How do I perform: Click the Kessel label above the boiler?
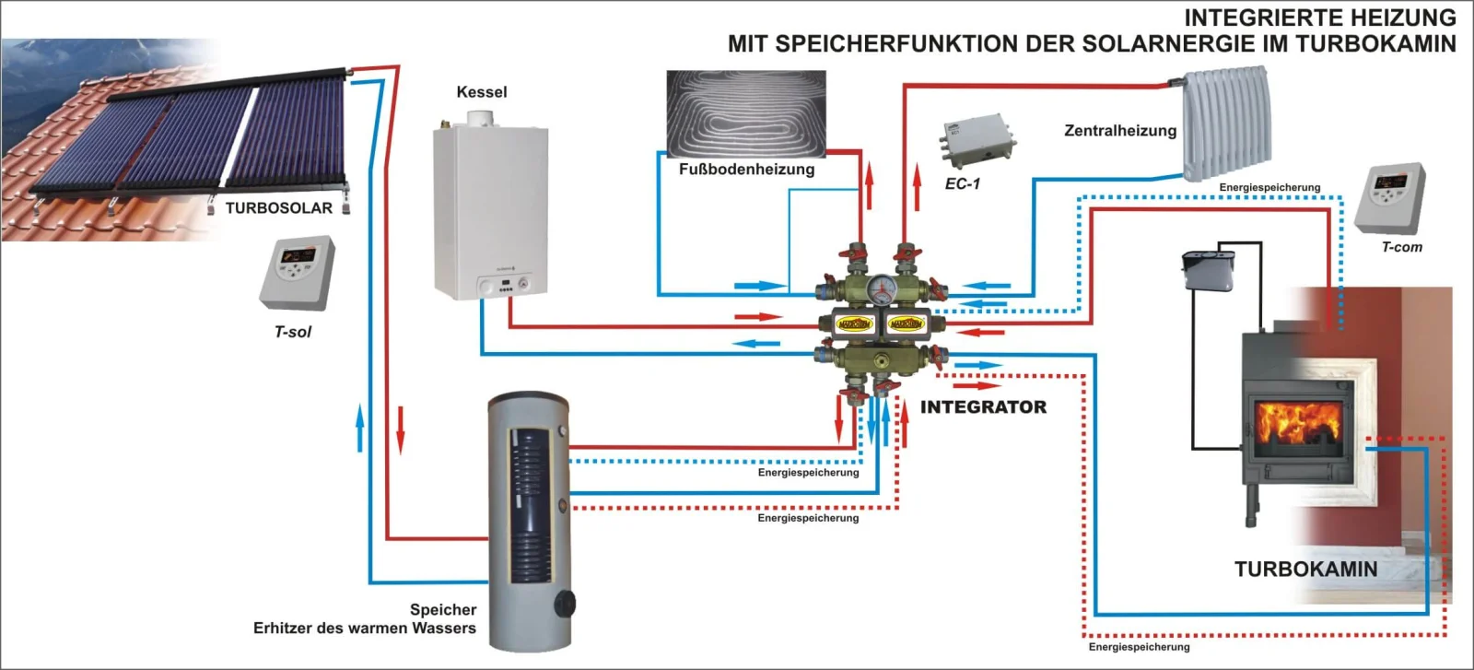[481, 92]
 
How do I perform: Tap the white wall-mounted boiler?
[490, 212]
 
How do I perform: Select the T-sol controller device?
[297, 273]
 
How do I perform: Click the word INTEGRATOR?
[983, 407]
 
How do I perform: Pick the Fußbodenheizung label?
[746, 170]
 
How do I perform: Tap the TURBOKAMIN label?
[1305, 570]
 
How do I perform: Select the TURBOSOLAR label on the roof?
[278, 208]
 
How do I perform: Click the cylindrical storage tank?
[529, 521]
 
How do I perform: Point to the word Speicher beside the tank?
[443, 610]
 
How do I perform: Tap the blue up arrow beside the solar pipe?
[359, 428]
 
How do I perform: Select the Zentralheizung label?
[1120, 131]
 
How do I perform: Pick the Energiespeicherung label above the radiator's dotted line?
[1269, 188]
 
